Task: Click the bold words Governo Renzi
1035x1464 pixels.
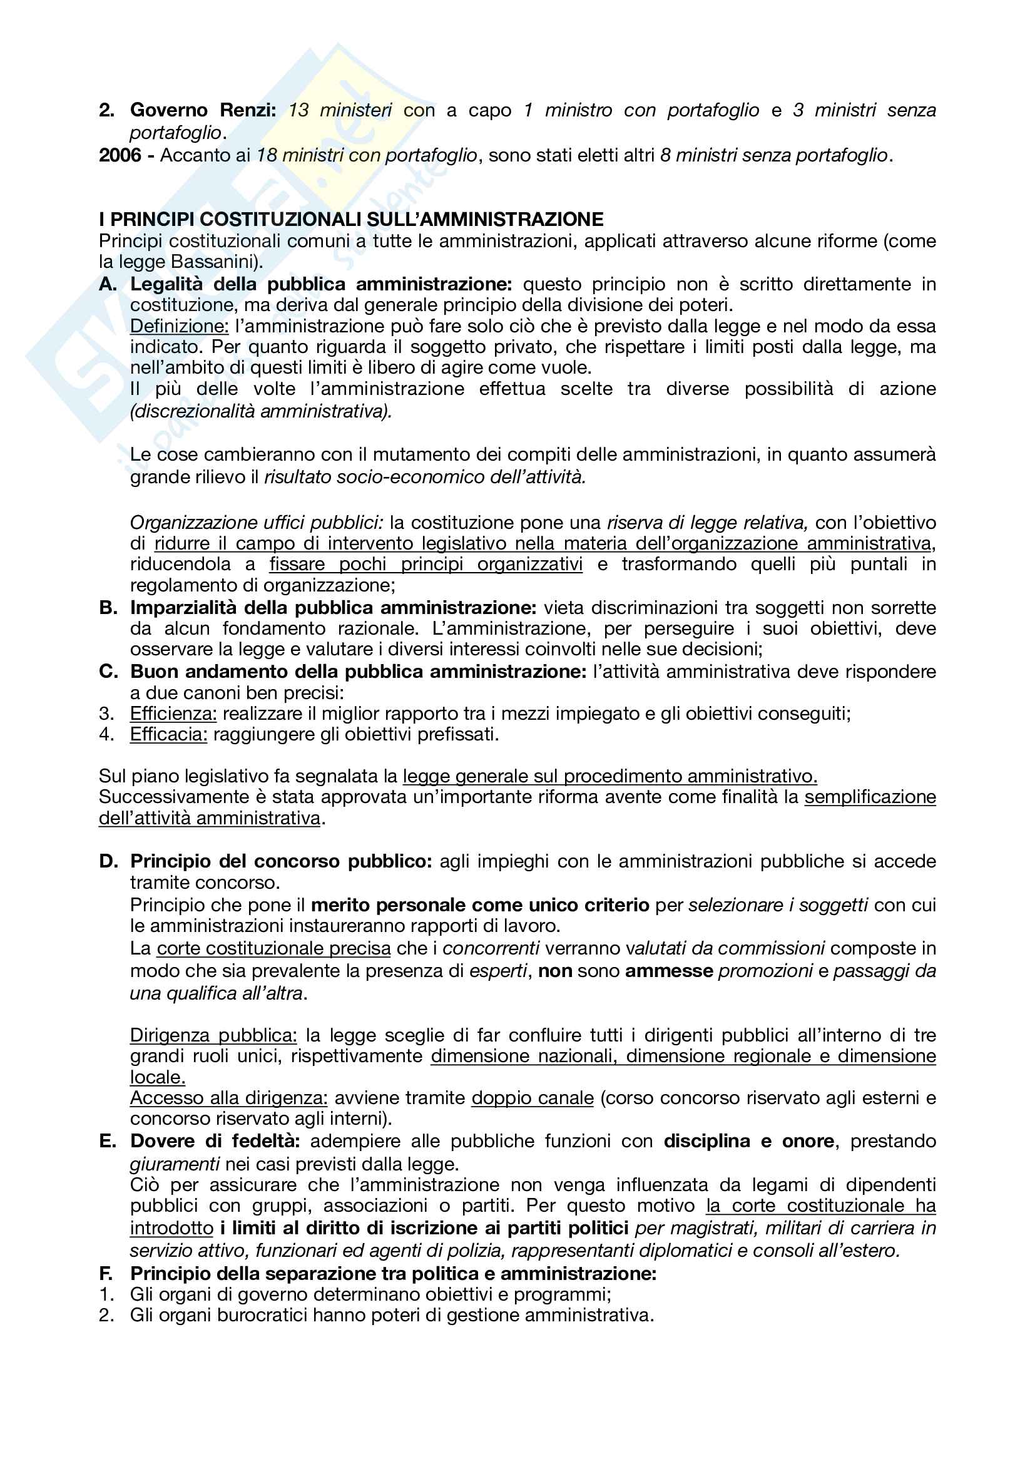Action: [x=203, y=110]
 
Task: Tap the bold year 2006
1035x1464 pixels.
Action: [x=120, y=155]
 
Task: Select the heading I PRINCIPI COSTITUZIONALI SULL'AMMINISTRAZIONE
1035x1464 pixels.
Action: [x=351, y=219]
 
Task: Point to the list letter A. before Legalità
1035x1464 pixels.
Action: [x=108, y=284]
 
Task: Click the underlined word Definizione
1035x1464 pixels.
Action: [x=179, y=327]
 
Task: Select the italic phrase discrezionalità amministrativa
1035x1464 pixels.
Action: [x=261, y=411]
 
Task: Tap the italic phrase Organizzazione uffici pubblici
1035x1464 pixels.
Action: [x=256, y=523]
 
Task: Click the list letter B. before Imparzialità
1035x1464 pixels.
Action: [x=108, y=608]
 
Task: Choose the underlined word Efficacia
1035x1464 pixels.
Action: [x=168, y=735]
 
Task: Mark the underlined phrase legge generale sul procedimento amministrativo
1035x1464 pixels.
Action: [x=609, y=776]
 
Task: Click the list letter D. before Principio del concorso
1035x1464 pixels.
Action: [x=108, y=861]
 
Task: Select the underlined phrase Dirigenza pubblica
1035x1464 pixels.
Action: [x=213, y=1035]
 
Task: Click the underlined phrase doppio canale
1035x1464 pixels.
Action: [x=532, y=1097]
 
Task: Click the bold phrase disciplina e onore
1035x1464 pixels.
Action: [x=749, y=1141]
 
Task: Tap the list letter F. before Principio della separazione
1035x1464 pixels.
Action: [x=106, y=1273]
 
